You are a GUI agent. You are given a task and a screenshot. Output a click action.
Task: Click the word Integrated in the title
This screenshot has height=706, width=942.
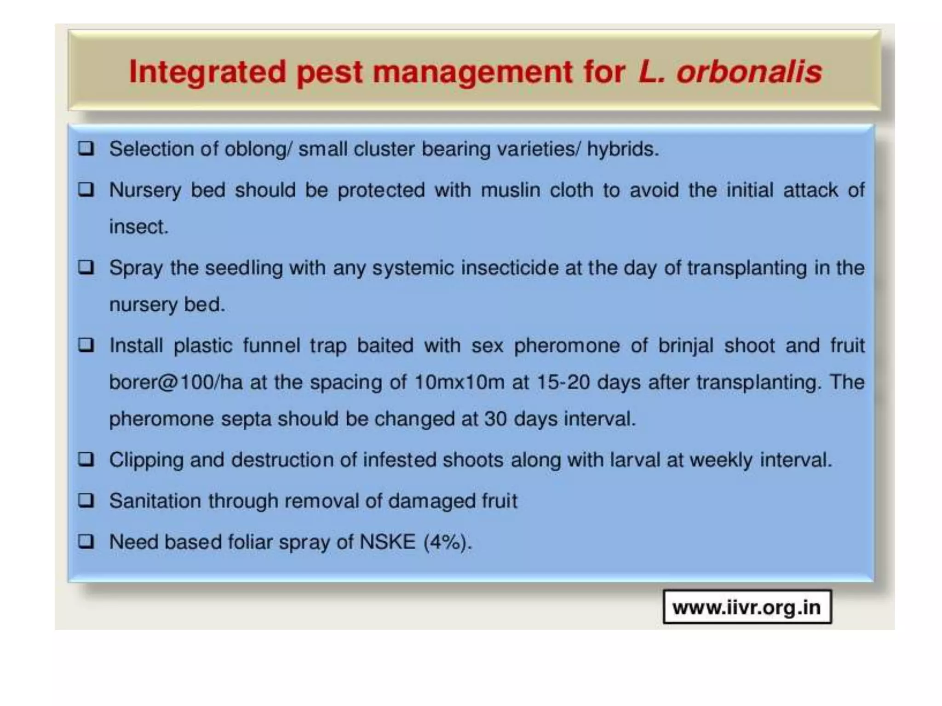click(207, 73)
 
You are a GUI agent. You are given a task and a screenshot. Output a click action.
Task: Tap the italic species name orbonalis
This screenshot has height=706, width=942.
click(748, 73)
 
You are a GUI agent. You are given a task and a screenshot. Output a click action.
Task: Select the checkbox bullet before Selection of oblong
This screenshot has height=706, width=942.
click(86, 148)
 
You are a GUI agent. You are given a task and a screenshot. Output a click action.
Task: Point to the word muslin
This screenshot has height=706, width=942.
click(510, 190)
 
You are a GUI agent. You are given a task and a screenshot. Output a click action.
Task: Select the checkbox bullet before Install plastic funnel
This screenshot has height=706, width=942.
click(86, 345)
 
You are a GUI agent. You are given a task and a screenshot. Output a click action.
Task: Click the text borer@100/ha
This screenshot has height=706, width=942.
click(176, 382)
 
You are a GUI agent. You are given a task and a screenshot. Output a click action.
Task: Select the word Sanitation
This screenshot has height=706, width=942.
click(155, 501)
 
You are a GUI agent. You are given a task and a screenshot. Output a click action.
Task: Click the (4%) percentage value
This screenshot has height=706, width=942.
click(445, 542)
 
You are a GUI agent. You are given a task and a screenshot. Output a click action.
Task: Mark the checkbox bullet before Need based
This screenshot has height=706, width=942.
click(86, 541)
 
